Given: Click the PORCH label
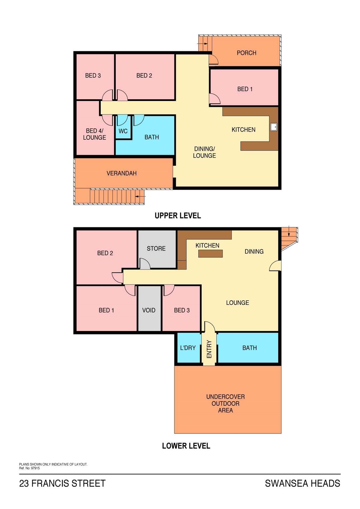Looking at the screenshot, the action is point(247,53).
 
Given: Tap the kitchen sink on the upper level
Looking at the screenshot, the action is point(274,127).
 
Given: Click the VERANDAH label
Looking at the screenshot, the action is point(122,173).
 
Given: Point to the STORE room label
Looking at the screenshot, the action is point(156,249).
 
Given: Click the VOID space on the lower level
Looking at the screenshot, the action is point(149,308).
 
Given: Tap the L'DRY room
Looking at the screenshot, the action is point(188,348).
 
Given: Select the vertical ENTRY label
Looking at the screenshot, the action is point(209,349).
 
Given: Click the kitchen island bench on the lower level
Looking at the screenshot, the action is point(210,254).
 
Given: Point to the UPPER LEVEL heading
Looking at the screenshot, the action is point(178,216).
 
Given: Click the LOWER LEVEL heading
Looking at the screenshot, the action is point(186,446).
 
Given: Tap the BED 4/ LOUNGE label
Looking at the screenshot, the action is point(94,134).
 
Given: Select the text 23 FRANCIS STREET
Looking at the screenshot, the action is point(62,483).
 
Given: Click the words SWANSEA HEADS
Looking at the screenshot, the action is point(302,483).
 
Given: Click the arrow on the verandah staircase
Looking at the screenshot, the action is point(140,196).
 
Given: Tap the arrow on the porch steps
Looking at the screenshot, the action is point(202,43).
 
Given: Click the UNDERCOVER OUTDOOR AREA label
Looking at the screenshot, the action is point(225,403).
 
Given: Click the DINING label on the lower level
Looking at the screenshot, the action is point(254,252).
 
